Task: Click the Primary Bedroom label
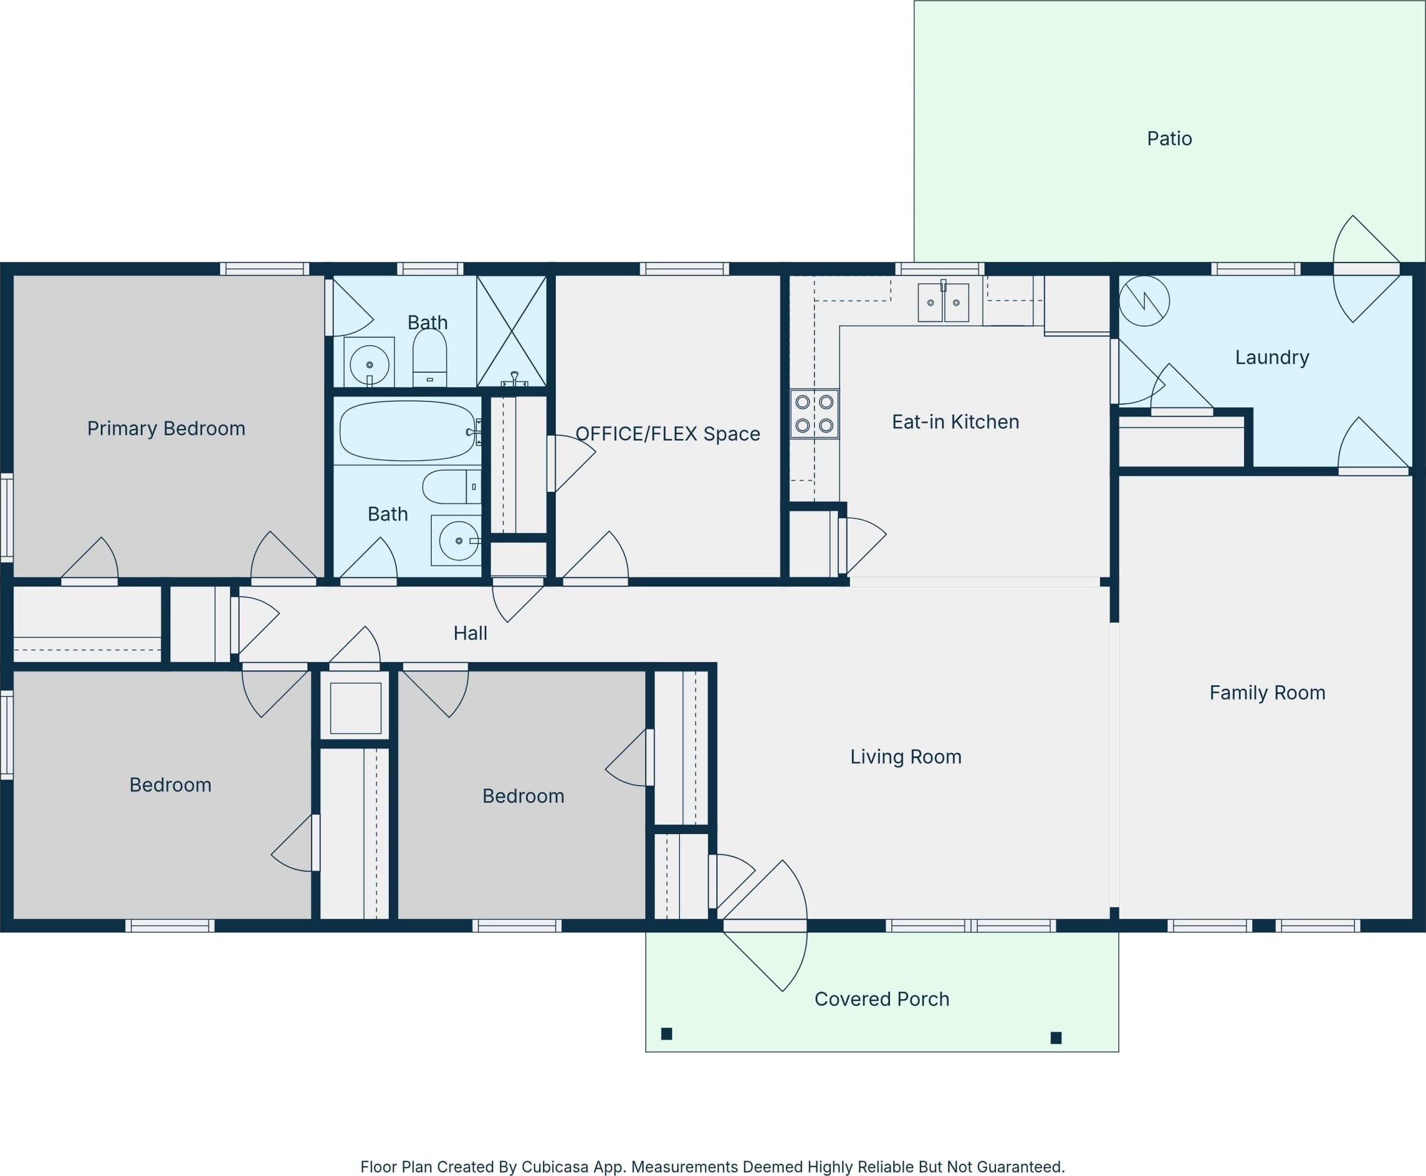point(166,428)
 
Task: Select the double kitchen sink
point(943,302)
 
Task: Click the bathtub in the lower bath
point(408,431)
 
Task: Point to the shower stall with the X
point(512,331)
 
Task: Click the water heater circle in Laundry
point(1144,301)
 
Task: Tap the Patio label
point(1169,139)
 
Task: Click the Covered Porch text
point(881,998)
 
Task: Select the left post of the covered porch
point(667,1033)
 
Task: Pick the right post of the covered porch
point(1055,1037)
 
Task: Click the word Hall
point(470,633)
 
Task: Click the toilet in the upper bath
point(430,358)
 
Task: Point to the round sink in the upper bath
point(369,364)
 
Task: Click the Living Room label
point(906,756)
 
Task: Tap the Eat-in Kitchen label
point(955,422)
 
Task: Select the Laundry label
point(1272,357)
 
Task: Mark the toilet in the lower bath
point(452,486)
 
